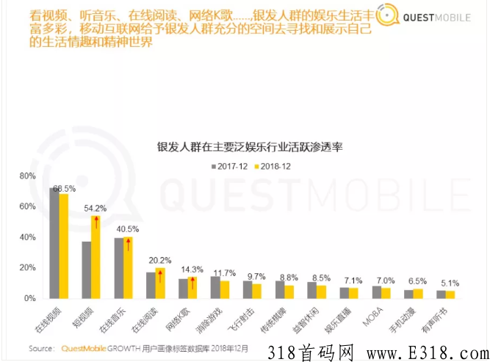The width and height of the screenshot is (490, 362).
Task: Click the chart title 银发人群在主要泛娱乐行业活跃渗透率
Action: pos(251,147)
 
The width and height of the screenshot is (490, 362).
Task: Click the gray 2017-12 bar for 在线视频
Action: pos(54,243)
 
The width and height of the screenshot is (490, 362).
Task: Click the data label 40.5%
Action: pos(127,228)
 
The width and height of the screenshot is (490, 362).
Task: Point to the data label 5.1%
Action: pos(450,283)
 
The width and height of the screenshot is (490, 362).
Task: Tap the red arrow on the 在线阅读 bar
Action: pos(159,280)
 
